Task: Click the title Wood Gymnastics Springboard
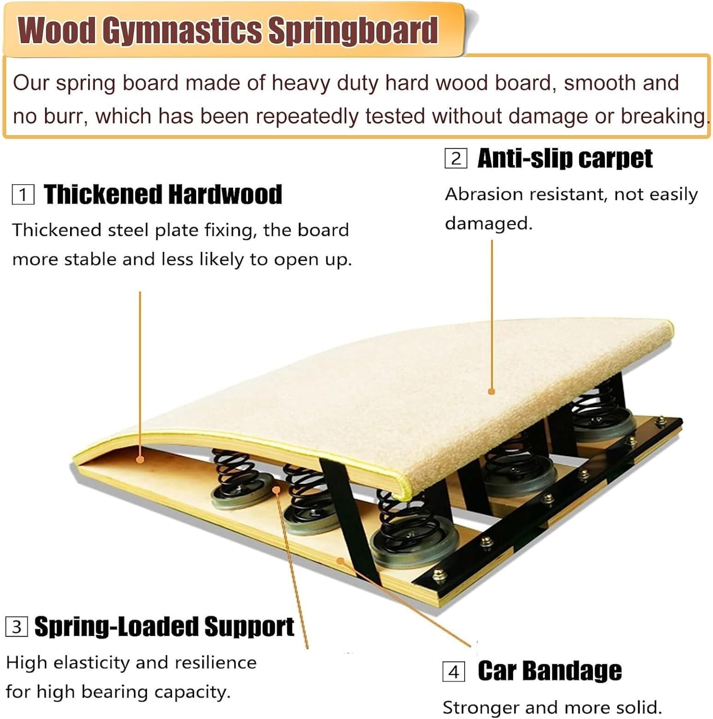[x=228, y=31]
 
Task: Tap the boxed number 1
[x=23, y=195]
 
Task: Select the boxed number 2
[x=456, y=158]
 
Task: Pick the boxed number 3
[x=16, y=626]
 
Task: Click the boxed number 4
[x=453, y=672]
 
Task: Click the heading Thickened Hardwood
[x=163, y=195]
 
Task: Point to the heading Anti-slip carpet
[x=565, y=158]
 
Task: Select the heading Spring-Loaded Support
[x=164, y=626]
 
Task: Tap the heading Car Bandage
[x=549, y=671]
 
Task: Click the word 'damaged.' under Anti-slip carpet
[x=489, y=224]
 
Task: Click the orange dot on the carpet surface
[x=491, y=392]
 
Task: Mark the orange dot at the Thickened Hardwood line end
[x=140, y=460]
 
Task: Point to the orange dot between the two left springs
[x=276, y=489]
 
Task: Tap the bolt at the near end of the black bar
[x=438, y=574]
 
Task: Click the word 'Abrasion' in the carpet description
[x=481, y=195]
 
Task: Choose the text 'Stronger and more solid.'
[x=552, y=707]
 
